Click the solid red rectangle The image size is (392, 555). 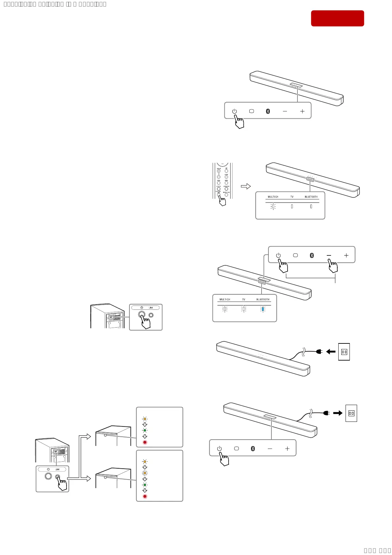coord(337,18)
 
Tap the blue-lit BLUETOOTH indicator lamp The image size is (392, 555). coord(263,309)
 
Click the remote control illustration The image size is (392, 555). coord(222,181)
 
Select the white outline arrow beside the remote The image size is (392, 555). coord(246,186)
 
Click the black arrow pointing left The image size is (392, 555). coord(331,352)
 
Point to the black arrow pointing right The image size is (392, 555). coord(338,413)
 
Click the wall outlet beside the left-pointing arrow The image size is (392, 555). coord(344,352)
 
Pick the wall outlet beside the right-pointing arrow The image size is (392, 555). coord(351,413)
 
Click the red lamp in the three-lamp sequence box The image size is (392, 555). coord(145,442)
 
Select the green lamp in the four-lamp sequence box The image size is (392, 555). coord(145,485)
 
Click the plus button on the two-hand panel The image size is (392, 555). coord(346,255)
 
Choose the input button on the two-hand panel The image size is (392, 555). coord(295,255)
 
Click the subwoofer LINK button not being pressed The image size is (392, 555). coord(151,315)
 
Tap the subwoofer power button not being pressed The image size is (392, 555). coord(48,476)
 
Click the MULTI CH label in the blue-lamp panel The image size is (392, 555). coord(225,300)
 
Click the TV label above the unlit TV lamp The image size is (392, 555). coord(292,197)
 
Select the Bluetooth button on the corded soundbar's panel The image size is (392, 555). coord(253,449)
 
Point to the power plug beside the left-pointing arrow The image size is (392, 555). coord(319,352)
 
